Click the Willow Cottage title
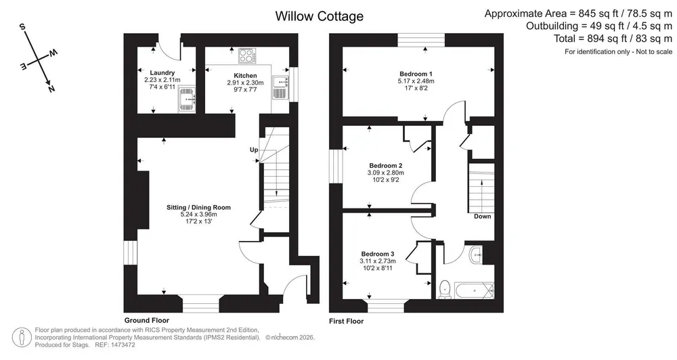pyautogui.click(x=319, y=16)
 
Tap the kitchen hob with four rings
pyautogui.click(x=247, y=56)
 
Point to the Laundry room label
pyautogui.click(x=162, y=73)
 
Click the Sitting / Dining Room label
pyautogui.click(x=198, y=208)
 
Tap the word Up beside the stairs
pyautogui.click(x=254, y=150)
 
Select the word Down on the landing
pyautogui.click(x=482, y=217)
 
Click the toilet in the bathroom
pyautogui.click(x=444, y=289)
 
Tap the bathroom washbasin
pyautogui.click(x=476, y=254)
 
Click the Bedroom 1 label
pyautogui.click(x=416, y=74)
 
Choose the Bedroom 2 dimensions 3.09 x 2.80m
pyautogui.click(x=386, y=173)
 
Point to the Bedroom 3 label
pyautogui.click(x=378, y=254)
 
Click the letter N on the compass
pyautogui.click(x=51, y=89)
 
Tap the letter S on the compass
pyautogui.click(x=22, y=27)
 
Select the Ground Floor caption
pyautogui.click(x=147, y=320)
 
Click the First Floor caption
pyautogui.click(x=346, y=321)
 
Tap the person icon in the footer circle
pyautogui.click(x=22, y=338)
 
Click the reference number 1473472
pyautogui.click(x=123, y=345)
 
